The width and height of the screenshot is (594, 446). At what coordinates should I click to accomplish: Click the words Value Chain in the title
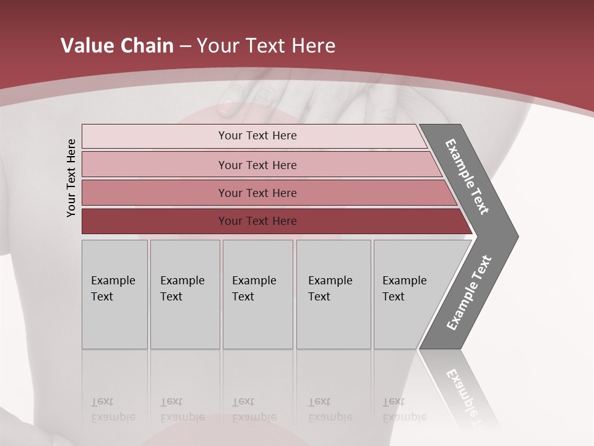117,46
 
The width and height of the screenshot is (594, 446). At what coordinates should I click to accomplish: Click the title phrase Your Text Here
266,46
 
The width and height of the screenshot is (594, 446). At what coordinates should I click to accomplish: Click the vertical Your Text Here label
71,178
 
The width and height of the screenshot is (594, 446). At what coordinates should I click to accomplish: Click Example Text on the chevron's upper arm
468,177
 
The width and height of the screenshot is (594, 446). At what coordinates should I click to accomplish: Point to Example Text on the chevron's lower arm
469,293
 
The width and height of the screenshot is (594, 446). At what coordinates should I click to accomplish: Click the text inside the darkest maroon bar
257,221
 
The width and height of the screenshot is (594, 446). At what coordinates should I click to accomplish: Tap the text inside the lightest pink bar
257,136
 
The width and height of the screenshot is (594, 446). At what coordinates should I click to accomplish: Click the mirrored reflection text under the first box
113,409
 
